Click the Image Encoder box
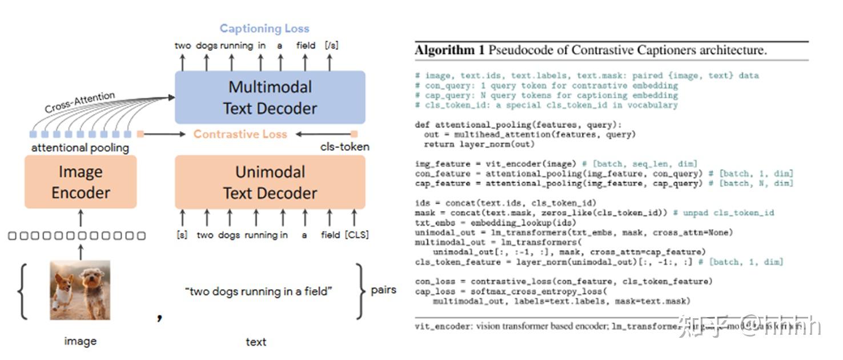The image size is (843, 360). click(x=81, y=182)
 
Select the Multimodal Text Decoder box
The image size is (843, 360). click(x=270, y=97)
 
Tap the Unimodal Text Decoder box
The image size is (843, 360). click(x=270, y=182)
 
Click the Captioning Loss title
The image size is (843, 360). click(x=264, y=29)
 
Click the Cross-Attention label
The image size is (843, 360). click(x=80, y=102)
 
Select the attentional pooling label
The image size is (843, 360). click(x=80, y=148)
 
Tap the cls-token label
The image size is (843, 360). click(x=344, y=147)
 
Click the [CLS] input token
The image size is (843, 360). click(x=356, y=235)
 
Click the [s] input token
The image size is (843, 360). click(x=182, y=235)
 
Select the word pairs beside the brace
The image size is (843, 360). click(x=383, y=290)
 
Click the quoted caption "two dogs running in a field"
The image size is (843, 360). click(x=259, y=291)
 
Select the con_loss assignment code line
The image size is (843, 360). click(x=563, y=281)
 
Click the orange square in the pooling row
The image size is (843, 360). click(x=140, y=134)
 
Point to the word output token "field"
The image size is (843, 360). click(x=306, y=45)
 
